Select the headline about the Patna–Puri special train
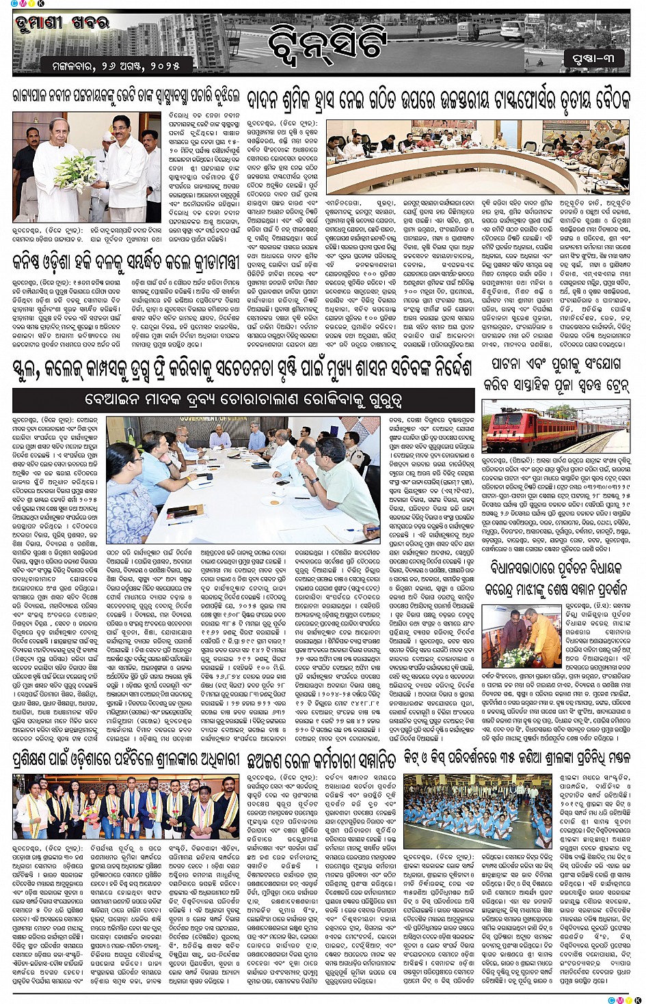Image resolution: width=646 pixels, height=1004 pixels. pos(556,375)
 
